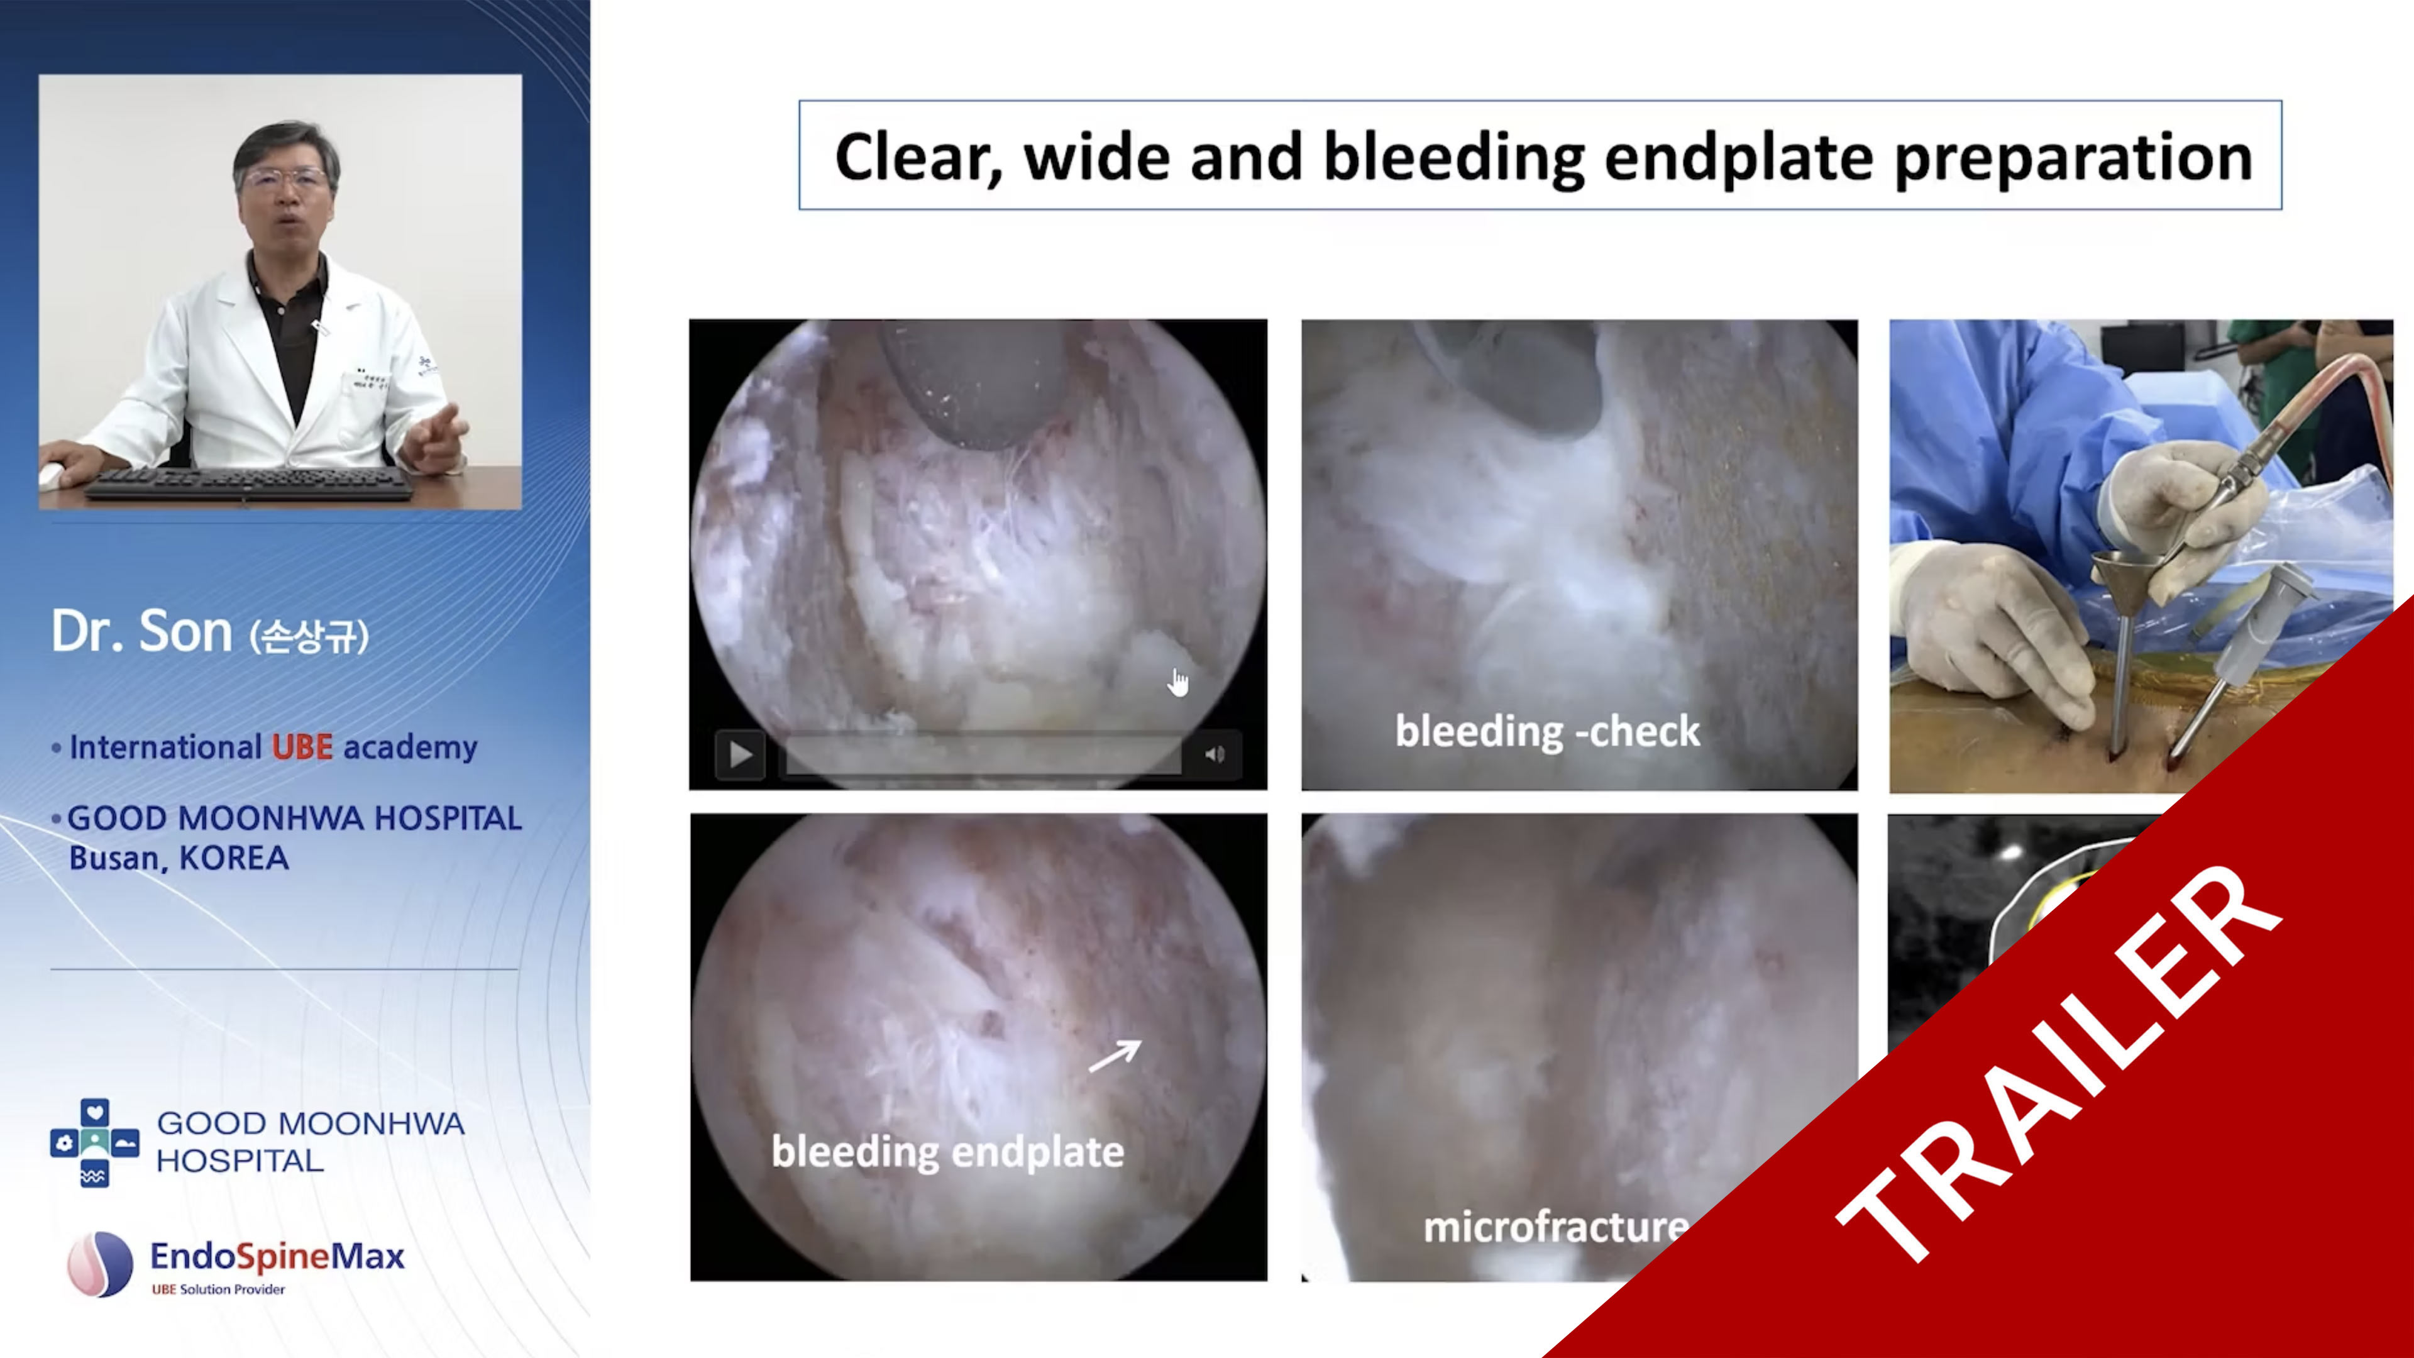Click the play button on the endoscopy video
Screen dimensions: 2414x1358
pos(741,754)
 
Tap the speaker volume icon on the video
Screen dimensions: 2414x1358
pos(1215,754)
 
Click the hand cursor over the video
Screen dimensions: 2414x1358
pos(1178,682)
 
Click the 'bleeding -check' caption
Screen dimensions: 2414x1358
pos(1547,731)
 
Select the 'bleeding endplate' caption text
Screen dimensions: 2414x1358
pos(947,1152)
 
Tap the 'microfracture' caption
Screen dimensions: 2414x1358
pos(1556,1226)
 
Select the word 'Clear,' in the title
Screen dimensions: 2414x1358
pos(918,157)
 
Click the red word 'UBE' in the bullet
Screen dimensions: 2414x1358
pos(302,747)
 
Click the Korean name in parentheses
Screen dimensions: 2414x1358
pos(309,636)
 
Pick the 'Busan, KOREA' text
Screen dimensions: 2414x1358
pos(179,858)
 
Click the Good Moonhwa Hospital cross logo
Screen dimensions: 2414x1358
pos(95,1142)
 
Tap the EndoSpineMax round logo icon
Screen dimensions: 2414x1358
pos(101,1263)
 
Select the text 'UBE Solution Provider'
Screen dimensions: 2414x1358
pos(218,1289)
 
